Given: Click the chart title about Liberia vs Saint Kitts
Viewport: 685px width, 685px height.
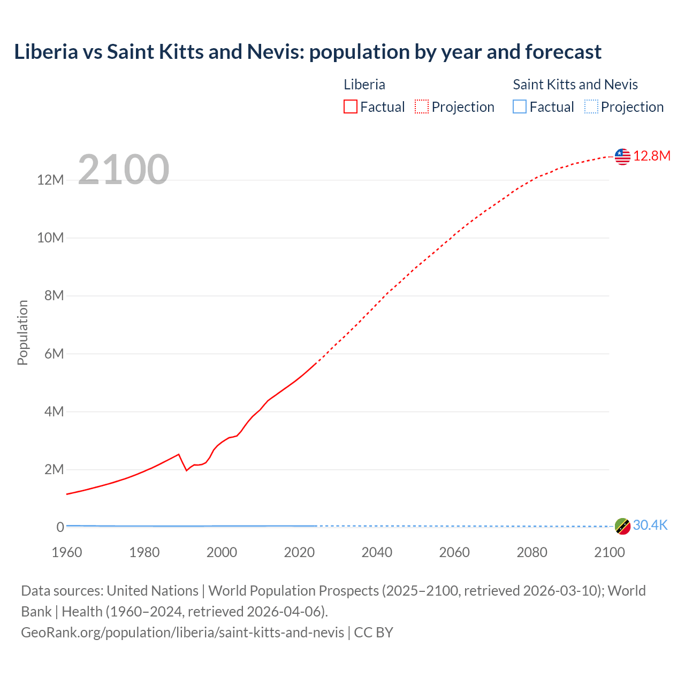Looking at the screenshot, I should click(308, 52).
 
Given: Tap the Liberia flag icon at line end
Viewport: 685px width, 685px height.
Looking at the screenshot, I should click(622, 156).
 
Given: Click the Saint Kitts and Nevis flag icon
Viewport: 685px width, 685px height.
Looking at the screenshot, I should click(622, 526).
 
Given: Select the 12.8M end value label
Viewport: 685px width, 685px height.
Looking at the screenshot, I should click(652, 156).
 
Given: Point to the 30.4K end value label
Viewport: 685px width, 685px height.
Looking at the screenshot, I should click(650, 525).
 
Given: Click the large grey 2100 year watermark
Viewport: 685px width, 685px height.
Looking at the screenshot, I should click(124, 170).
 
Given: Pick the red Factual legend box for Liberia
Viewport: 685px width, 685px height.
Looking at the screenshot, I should click(351, 107).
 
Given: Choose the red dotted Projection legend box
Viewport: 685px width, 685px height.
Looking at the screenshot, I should click(422, 107).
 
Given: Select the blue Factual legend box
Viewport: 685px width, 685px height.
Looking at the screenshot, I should click(520, 107).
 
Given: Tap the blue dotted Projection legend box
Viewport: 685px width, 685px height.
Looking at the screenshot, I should click(591, 107).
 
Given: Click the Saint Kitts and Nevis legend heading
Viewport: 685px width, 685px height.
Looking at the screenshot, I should click(575, 85).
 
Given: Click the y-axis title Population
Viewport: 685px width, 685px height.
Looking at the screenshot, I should click(22, 332).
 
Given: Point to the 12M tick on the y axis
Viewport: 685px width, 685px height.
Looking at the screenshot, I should click(51, 180).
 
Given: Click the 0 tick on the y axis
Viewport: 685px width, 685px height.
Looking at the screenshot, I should click(60, 527).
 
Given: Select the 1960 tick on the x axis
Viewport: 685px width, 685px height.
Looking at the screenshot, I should click(67, 552).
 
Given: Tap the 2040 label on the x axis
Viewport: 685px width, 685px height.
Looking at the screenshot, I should click(377, 552).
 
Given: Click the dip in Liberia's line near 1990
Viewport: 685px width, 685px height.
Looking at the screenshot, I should click(186, 470).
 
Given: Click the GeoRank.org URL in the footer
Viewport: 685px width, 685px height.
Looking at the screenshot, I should click(182, 633).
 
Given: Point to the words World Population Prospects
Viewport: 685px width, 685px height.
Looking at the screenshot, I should click(293, 591).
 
